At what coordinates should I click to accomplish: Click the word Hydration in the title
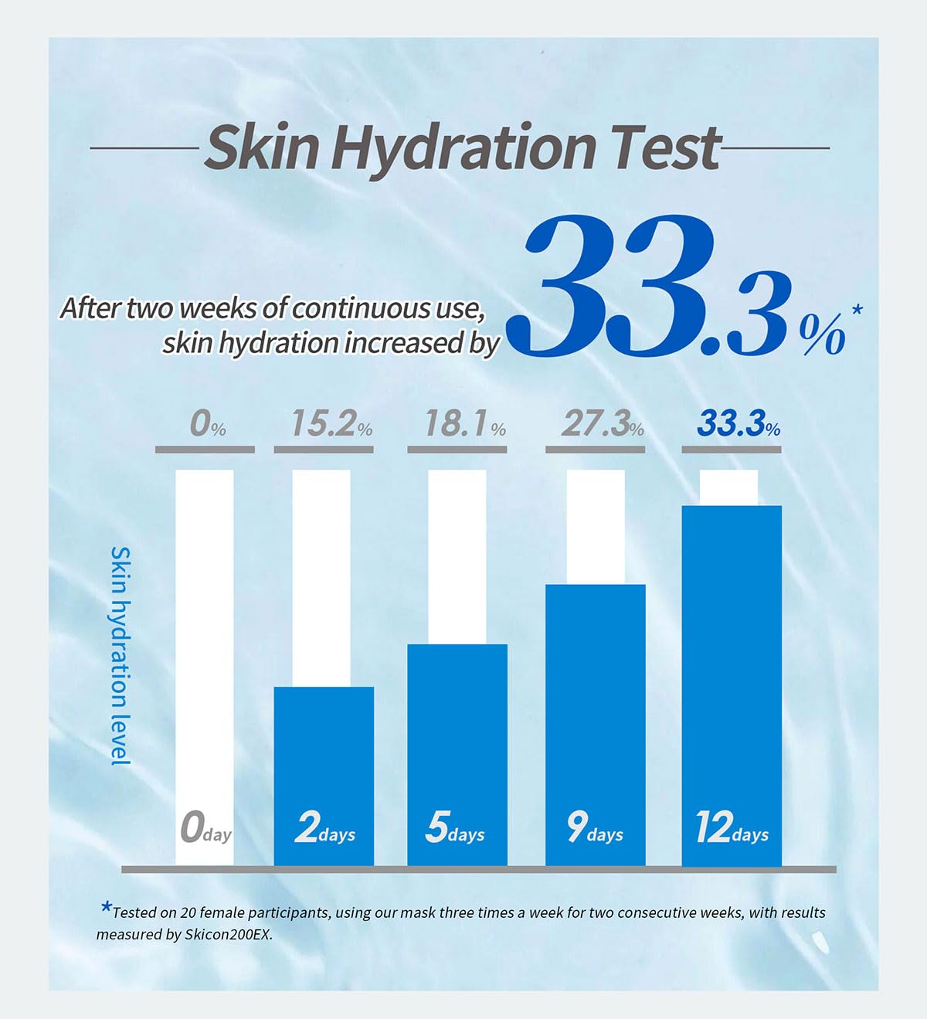(x=461, y=148)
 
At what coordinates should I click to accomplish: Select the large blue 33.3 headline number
(x=660, y=290)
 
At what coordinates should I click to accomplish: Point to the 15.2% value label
(x=331, y=424)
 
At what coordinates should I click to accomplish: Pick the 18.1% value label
(x=465, y=424)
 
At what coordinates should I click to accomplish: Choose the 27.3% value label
(x=603, y=424)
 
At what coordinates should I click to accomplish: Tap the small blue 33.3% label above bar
(x=739, y=424)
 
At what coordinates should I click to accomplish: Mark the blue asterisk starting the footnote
(x=106, y=907)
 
